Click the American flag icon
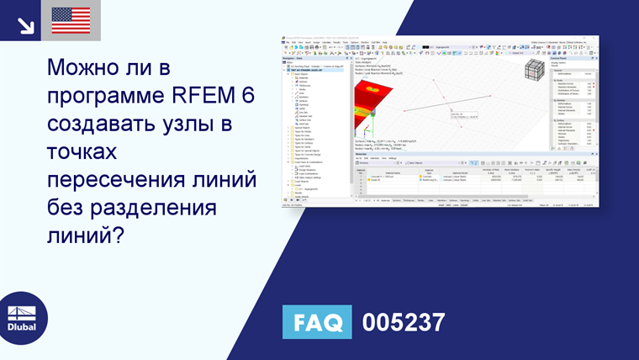71,20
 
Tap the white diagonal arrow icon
26,24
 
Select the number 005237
403,322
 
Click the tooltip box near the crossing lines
467,117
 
